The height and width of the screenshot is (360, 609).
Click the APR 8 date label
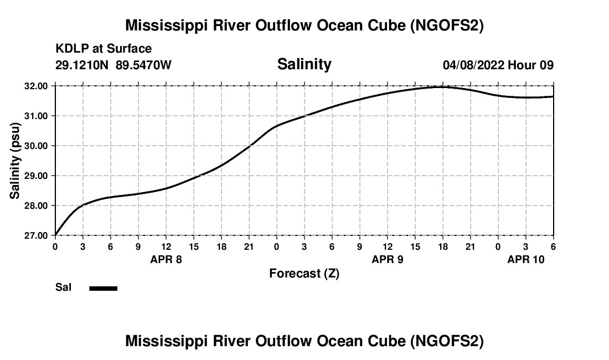(166, 259)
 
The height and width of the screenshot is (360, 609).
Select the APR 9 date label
(388, 259)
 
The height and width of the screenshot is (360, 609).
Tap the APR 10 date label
(526, 259)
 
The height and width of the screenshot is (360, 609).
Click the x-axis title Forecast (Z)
(304, 273)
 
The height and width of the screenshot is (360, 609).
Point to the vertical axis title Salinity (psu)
(15, 161)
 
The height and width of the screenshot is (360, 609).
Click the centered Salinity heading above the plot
(304, 64)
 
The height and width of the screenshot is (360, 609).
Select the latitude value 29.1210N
(82, 65)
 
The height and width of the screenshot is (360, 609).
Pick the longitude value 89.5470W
(143, 65)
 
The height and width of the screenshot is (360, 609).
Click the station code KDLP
(70, 49)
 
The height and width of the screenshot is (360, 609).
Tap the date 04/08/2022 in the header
(473, 65)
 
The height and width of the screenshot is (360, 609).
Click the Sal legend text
(63, 287)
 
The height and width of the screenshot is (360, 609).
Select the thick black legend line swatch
(104, 288)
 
